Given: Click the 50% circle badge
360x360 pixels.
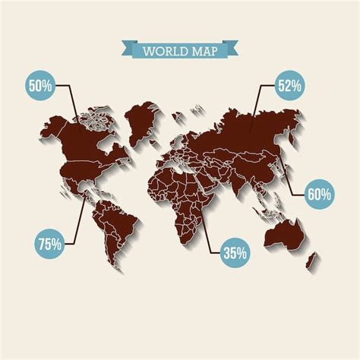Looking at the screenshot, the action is [39, 86].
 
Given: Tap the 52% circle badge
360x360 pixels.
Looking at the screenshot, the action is [289, 86].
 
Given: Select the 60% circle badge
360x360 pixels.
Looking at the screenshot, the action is [320, 194].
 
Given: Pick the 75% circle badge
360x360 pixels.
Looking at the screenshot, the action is [49, 244].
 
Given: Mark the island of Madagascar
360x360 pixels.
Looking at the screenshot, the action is [213, 227].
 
